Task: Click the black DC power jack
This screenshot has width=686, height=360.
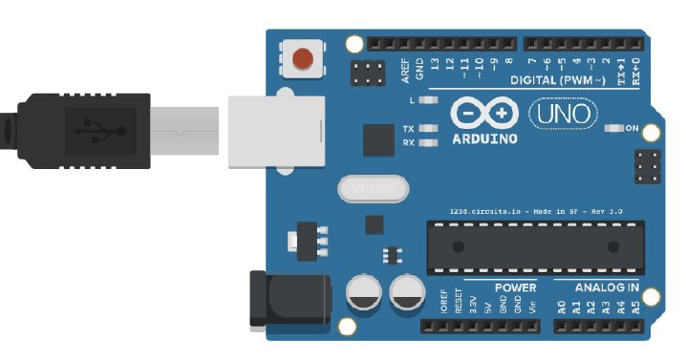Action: click(287, 298)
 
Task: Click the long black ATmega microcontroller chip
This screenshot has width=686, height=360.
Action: click(534, 246)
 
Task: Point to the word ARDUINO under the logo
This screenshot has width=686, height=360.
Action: click(483, 139)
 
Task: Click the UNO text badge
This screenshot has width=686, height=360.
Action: click(565, 114)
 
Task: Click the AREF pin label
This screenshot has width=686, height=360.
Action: click(405, 69)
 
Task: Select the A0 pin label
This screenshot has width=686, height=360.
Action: click(561, 307)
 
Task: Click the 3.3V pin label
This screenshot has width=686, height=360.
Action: click(473, 305)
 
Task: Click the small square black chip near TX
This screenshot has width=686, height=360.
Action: click(379, 140)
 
